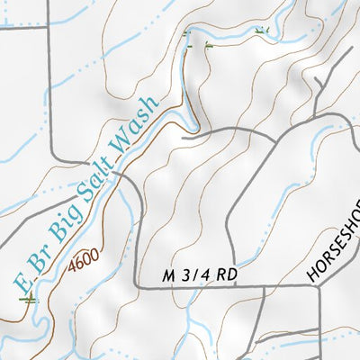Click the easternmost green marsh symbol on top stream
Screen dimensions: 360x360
click(x=262, y=31)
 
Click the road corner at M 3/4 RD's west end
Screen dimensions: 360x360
click(x=137, y=287)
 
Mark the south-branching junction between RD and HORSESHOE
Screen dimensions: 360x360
click(x=262, y=289)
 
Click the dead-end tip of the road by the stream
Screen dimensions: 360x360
click(x=183, y=138)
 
